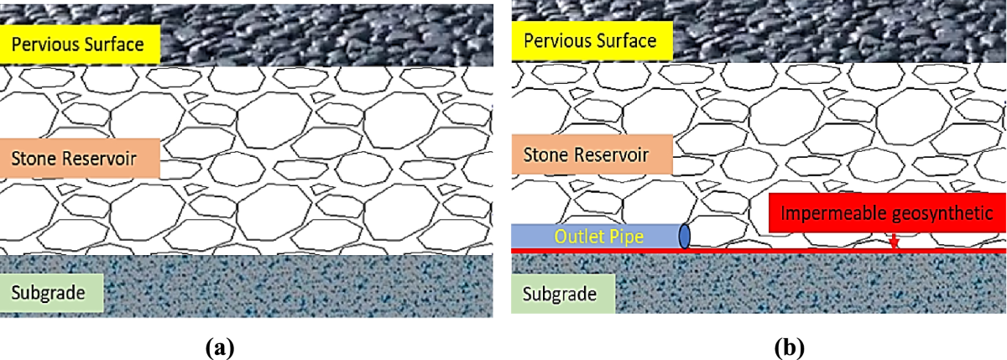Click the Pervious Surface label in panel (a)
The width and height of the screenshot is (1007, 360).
[x=80, y=44]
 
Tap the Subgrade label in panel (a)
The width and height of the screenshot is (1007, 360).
[x=53, y=293]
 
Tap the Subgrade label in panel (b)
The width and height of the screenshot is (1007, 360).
[x=563, y=295]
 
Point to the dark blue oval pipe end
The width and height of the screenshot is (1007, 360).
[x=684, y=237]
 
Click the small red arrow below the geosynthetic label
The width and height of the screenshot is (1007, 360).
[x=894, y=242]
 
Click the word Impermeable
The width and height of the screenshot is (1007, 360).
[x=827, y=213]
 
